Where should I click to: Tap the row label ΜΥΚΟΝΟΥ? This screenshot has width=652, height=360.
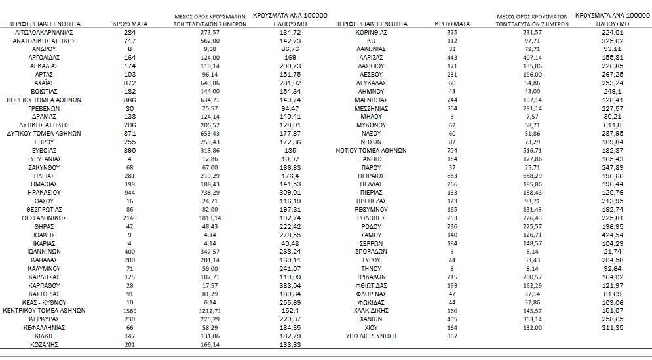(x=371, y=125)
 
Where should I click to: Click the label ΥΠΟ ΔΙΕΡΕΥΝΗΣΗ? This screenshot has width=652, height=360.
(x=371, y=336)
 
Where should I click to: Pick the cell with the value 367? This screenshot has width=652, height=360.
(x=452, y=336)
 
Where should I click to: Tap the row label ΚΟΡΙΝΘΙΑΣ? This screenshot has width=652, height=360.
(x=371, y=32)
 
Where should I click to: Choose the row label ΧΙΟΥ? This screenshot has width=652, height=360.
(x=371, y=327)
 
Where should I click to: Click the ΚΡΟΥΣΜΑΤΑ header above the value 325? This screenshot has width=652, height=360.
(x=452, y=24)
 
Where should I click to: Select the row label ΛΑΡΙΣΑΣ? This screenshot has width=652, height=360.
(x=371, y=57)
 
